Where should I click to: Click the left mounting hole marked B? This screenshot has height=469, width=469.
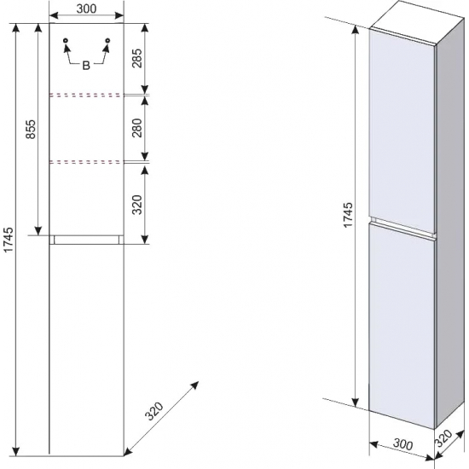[66, 40]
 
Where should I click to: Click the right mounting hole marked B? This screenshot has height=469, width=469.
[107, 40]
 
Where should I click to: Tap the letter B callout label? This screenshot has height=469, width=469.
[86, 65]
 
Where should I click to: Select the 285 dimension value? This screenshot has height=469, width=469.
[137, 58]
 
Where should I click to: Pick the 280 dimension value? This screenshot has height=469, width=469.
[137, 128]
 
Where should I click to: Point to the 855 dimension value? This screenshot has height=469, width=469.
[31, 130]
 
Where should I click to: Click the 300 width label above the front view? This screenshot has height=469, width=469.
[86, 9]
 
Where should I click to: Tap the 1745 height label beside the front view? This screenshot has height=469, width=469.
[9, 240]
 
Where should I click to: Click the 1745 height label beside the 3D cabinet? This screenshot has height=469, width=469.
[348, 215]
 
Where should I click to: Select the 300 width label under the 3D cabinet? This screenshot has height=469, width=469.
[402, 444]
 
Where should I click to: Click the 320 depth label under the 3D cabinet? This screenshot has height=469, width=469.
[443, 438]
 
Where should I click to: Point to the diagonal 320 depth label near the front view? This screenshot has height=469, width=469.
[154, 411]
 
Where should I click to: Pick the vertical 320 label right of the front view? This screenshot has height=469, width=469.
[137, 205]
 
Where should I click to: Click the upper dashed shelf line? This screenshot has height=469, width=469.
[86, 96]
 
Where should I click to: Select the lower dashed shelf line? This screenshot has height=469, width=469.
[86, 162]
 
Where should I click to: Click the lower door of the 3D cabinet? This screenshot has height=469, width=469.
[402, 326]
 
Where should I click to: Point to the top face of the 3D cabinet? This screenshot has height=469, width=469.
[418, 21]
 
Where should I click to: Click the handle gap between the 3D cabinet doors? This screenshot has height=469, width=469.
[402, 229]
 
